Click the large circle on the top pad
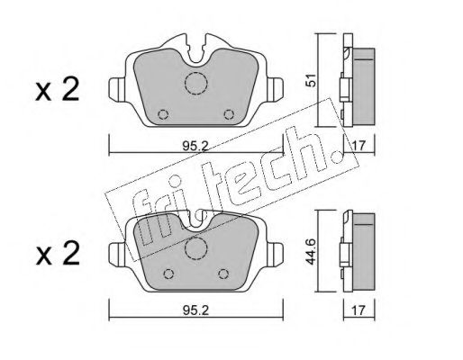tap(195, 84)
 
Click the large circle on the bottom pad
tap(195, 249)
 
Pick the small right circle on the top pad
tap(229, 113)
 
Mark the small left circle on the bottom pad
tap(168, 274)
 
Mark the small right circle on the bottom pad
tap(223, 274)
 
